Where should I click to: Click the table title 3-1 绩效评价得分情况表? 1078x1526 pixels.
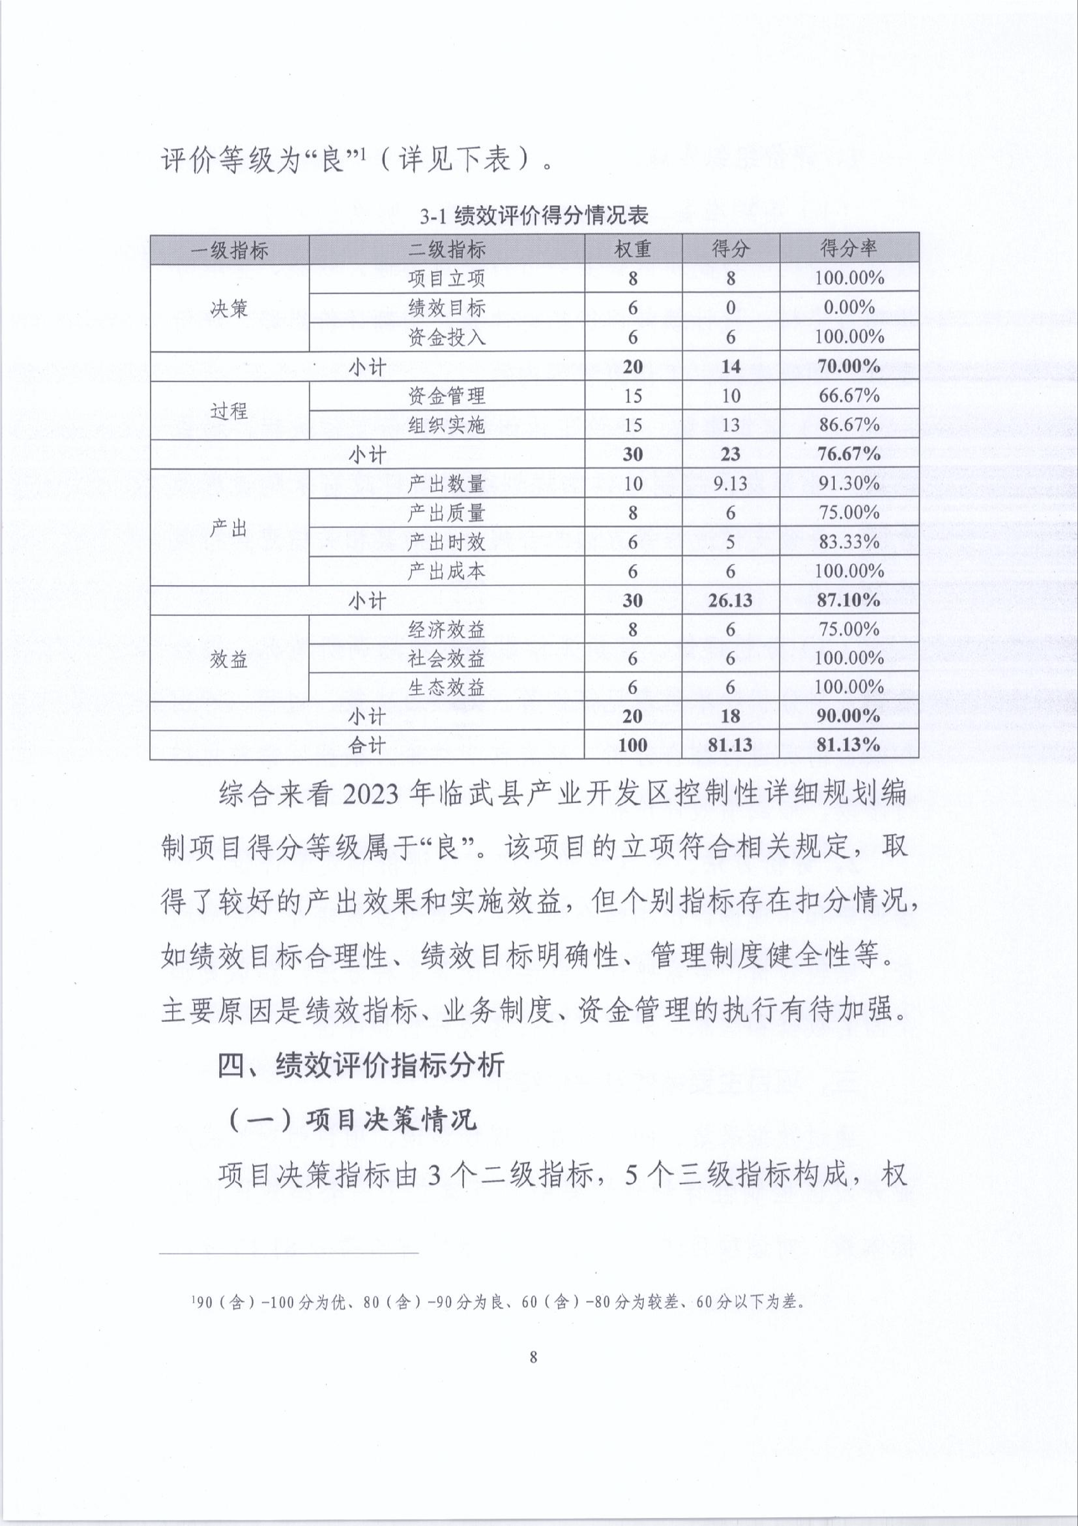click(x=533, y=216)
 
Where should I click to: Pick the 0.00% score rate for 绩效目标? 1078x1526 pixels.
click(x=849, y=308)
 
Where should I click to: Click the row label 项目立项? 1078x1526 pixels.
click(x=446, y=279)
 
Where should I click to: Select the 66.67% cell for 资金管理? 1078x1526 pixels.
click(x=849, y=396)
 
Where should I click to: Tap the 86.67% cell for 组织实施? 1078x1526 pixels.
click(x=849, y=425)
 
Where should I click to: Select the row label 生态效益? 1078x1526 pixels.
click(x=446, y=687)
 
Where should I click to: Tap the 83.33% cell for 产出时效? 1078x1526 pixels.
click(x=849, y=542)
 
